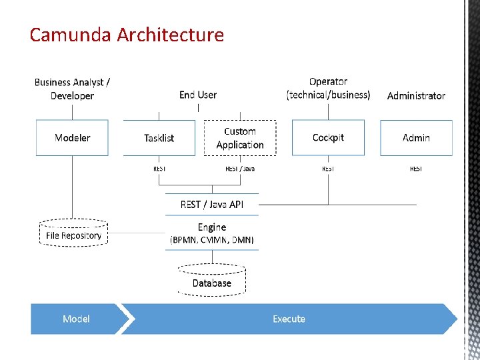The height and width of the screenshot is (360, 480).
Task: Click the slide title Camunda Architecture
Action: (127, 35)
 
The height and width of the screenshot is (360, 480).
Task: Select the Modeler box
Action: (72, 138)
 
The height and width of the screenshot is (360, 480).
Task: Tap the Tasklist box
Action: (159, 138)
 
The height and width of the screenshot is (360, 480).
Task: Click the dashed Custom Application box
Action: (240, 138)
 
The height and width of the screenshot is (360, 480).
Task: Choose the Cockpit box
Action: (328, 137)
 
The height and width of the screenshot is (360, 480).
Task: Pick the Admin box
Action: (416, 138)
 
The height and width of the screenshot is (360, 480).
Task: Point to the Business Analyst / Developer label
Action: (72, 89)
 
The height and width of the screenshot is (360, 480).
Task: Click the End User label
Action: (198, 95)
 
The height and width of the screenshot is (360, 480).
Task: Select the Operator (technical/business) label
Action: (328, 88)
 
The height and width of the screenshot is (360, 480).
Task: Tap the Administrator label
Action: (416, 95)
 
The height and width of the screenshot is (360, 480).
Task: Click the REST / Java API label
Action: (212, 204)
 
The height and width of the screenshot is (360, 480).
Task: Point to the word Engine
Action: (212, 227)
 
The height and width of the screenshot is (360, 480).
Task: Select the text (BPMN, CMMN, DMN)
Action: (212, 239)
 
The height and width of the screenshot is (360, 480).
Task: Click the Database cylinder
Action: (212, 280)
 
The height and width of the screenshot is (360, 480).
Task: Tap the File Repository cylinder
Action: (73, 234)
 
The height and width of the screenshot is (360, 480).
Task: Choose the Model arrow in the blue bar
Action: (76, 319)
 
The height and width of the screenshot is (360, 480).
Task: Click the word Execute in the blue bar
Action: (289, 319)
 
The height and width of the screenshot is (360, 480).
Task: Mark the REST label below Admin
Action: (416, 169)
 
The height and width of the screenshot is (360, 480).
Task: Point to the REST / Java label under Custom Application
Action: (240, 169)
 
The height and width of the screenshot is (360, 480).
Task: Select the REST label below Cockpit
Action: (328, 169)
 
